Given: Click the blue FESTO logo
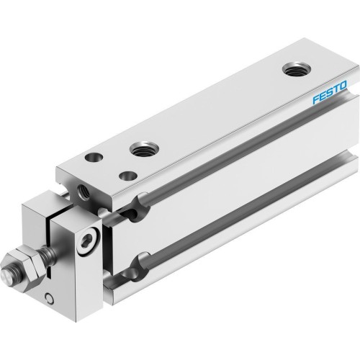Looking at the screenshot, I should click(330, 94).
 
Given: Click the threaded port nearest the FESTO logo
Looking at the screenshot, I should click(294, 71).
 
